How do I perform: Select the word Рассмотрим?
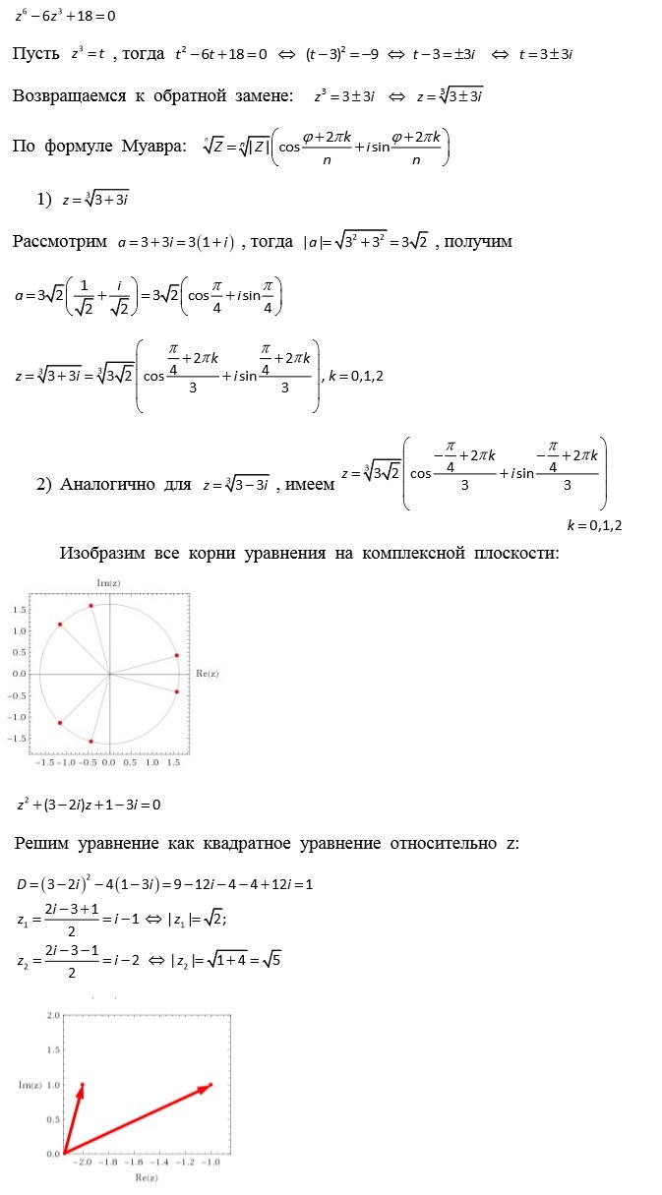click(x=57, y=241)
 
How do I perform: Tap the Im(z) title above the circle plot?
click(x=108, y=583)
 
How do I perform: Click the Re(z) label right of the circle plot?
click(x=208, y=674)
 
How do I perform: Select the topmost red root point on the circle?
click(x=90, y=606)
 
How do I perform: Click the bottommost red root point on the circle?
click(x=90, y=741)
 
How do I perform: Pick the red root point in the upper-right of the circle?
click(x=176, y=655)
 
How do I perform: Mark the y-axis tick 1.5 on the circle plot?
click(x=19, y=610)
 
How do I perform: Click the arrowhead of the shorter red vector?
click(x=82, y=1087)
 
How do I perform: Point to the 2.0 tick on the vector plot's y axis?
click(x=54, y=1014)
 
